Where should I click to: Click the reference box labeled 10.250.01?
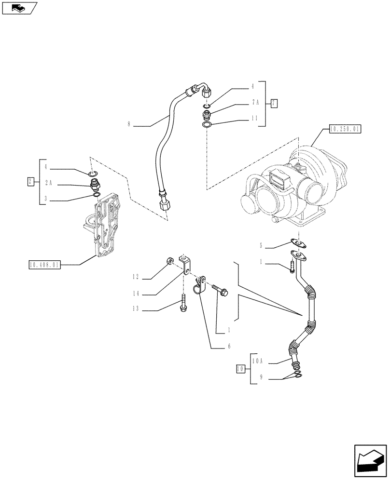[x=345, y=129]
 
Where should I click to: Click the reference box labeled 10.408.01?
[x=44, y=265]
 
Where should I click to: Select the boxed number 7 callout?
[x=274, y=103]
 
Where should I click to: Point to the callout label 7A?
[x=255, y=103]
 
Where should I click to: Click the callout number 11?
[x=255, y=118]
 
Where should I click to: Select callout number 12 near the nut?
[x=137, y=277]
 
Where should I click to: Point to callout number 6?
[x=229, y=347]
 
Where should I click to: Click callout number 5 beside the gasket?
[x=261, y=246]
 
